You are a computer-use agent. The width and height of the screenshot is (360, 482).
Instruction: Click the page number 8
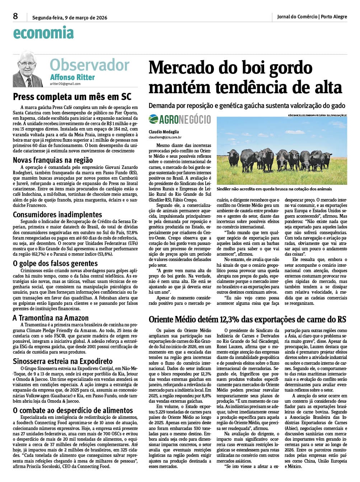pos(15,16)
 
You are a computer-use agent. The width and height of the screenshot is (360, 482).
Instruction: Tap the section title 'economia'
pos(43,33)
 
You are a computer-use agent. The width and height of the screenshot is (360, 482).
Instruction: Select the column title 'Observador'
pos(89,65)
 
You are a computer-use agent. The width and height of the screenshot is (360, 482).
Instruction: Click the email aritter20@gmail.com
pos(65,84)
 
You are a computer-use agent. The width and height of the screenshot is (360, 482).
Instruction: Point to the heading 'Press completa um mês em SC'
pos(72,97)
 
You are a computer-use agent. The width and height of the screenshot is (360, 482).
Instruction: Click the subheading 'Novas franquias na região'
pos(53,160)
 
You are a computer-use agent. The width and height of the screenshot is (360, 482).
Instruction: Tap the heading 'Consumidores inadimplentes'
pos(57,214)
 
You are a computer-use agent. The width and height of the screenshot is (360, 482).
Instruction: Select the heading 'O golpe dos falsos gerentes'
pos(55,264)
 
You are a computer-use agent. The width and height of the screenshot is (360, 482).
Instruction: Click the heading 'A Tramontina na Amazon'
pos(51,318)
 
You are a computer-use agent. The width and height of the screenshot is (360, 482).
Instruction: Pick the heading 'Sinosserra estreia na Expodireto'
pos(63,361)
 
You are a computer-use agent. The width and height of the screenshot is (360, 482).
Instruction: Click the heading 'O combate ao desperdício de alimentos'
pos(73,410)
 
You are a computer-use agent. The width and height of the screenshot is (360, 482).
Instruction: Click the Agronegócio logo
pos(180,119)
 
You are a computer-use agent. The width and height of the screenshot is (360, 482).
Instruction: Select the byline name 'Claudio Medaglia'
pos(164,132)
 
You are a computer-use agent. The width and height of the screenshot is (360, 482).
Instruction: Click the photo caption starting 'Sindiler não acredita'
pos(274,189)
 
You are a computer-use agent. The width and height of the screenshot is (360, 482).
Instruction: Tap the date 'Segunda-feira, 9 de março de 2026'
pos(70,17)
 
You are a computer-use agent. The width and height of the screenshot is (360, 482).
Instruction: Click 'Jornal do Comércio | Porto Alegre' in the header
pos(312,16)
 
